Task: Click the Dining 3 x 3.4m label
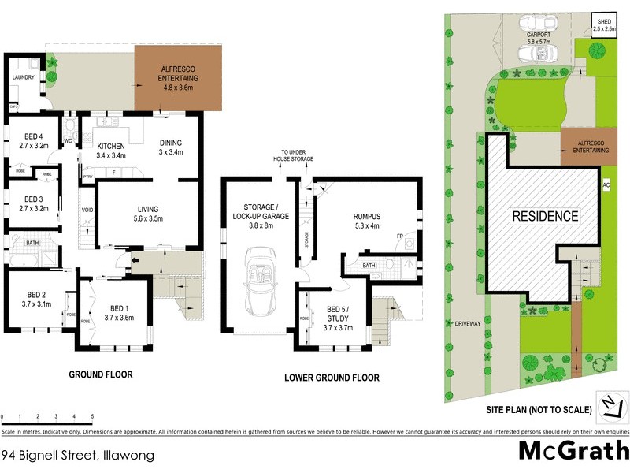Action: coord(171,147)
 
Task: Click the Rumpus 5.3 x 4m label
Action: coord(363,217)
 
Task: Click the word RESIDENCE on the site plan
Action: coord(546,216)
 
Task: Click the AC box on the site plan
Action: coord(606,185)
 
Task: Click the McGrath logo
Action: coord(573,450)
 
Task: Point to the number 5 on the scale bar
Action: coord(93,415)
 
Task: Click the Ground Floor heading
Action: coord(100,374)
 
